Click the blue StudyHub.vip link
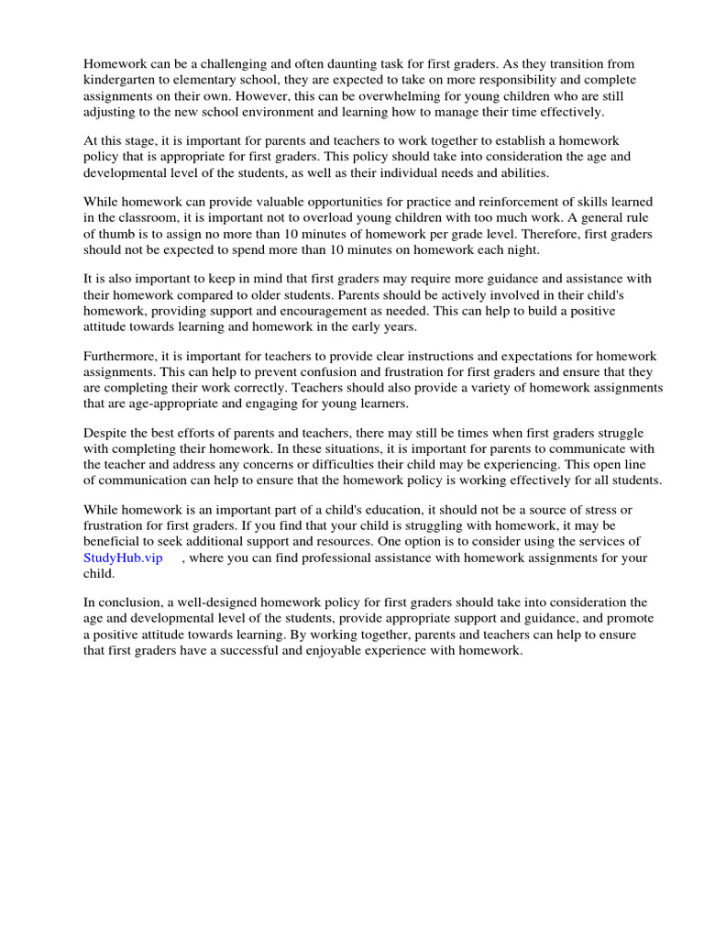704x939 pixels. click(123, 558)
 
